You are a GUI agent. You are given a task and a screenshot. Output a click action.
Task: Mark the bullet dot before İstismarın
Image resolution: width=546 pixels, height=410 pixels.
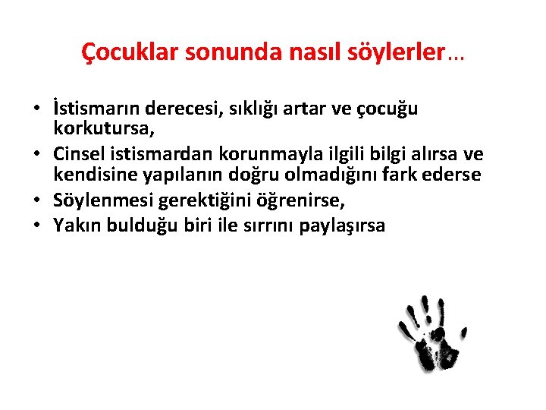[36, 109]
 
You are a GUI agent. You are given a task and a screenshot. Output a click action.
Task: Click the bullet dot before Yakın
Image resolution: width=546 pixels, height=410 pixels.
[36, 226]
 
